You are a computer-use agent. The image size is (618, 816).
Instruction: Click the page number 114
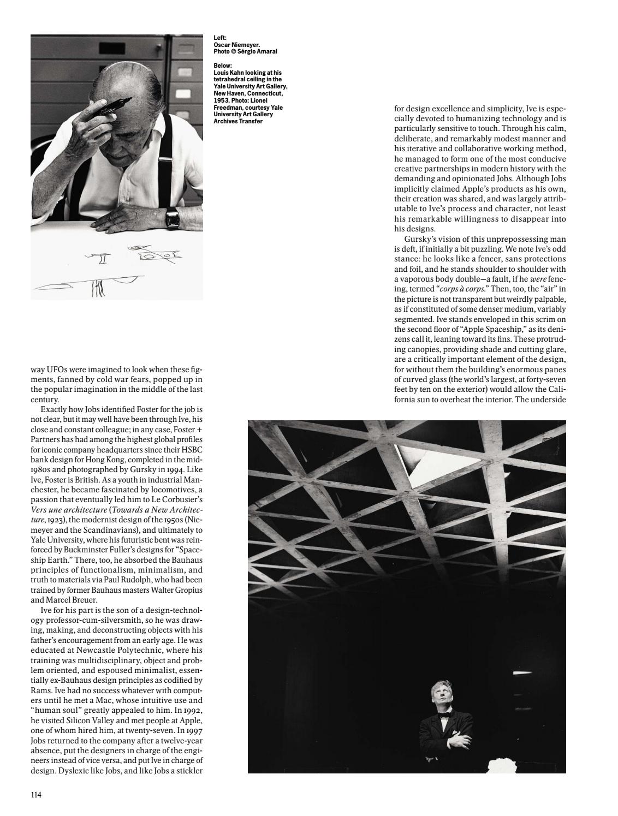point(36,795)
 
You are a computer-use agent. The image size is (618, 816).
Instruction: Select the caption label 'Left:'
point(219,38)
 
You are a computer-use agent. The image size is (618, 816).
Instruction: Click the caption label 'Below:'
point(222,65)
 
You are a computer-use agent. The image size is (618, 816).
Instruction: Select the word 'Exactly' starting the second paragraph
point(54,409)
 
